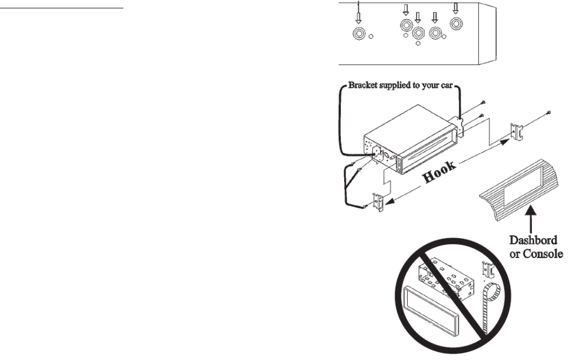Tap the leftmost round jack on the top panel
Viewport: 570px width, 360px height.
[358, 34]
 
